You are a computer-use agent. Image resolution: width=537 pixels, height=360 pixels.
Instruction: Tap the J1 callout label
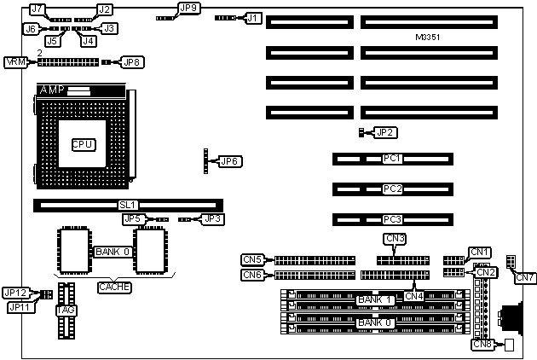pyautogui.click(x=252, y=17)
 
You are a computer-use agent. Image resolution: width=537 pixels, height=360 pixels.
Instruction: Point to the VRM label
pyautogui.click(x=15, y=62)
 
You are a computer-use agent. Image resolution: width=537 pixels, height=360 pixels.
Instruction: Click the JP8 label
pyautogui.click(x=133, y=61)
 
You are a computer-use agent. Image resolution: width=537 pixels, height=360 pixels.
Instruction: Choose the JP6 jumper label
pyautogui.click(x=229, y=160)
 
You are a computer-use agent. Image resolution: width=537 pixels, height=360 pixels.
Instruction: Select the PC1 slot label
pyautogui.click(x=392, y=159)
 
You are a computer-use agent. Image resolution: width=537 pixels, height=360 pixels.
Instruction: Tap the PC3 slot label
pyautogui.click(x=392, y=218)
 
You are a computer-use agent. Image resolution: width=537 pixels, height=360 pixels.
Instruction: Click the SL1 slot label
pyautogui.click(x=128, y=205)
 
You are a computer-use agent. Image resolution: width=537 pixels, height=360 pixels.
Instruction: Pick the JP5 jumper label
pyautogui.click(x=132, y=219)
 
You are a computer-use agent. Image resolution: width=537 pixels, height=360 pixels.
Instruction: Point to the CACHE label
pyautogui.click(x=114, y=287)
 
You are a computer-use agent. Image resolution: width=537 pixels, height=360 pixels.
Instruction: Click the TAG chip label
pyautogui.click(x=66, y=310)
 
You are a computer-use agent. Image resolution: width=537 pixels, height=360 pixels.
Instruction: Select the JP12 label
pyautogui.click(x=15, y=293)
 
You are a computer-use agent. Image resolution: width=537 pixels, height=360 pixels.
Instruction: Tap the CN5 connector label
pyautogui.click(x=252, y=259)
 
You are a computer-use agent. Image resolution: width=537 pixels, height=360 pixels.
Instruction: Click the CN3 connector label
pyautogui.click(x=395, y=238)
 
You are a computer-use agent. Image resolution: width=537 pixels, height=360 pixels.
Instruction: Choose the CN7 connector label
pyautogui.click(x=525, y=277)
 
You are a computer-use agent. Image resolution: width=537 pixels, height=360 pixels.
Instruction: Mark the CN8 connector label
pyautogui.click(x=482, y=345)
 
